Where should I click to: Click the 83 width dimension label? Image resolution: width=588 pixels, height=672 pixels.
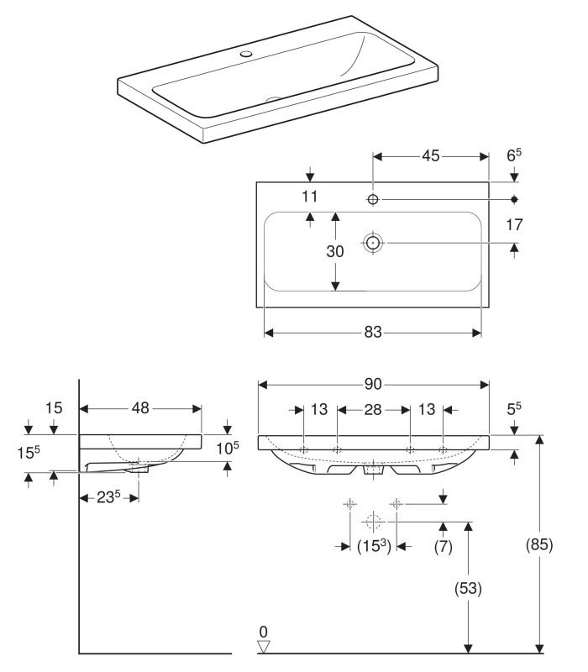pyautogui.click(x=373, y=333)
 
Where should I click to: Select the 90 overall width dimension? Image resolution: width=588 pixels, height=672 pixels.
pyautogui.click(x=373, y=385)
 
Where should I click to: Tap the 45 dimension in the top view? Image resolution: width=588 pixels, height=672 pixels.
pyautogui.click(x=431, y=156)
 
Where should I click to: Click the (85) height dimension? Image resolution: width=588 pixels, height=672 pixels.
pyautogui.click(x=539, y=544)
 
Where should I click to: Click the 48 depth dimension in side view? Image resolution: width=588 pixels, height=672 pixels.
pyautogui.click(x=139, y=408)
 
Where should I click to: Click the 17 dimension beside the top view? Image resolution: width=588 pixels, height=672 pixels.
pyautogui.click(x=514, y=226)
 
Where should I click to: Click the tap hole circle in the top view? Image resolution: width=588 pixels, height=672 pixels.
pyautogui.click(x=374, y=199)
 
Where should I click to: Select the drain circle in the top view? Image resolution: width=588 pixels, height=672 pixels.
pyautogui.click(x=373, y=242)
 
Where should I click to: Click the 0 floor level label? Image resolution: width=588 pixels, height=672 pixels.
pyautogui.click(x=263, y=631)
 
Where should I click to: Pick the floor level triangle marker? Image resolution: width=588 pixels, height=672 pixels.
pyautogui.click(x=264, y=646)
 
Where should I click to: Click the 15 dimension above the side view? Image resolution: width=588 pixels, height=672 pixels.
pyautogui.click(x=55, y=408)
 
